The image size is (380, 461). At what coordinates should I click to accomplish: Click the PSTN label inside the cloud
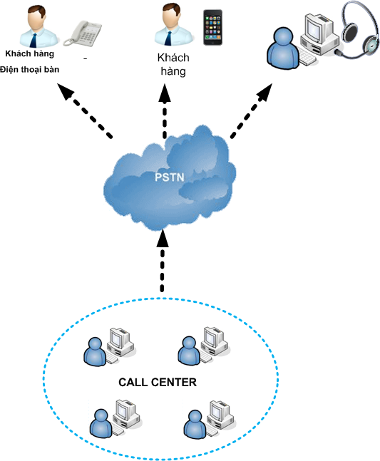[x=170, y=177]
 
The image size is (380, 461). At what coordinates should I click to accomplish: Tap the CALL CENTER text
[x=158, y=382]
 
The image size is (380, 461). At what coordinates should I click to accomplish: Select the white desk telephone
[x=83, y=33]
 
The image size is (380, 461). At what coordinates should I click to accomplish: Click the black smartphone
[x=212, y=27]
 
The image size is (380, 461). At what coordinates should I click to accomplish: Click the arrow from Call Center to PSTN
[x=162, y=261]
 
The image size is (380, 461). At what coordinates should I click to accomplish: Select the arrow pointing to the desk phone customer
[x=84, y=111]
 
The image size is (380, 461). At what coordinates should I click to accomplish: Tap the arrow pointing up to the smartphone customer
[x=165, y=111]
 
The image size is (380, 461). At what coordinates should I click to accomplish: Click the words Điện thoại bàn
[x=29, y=70]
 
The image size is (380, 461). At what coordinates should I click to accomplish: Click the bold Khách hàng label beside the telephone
[x=30, y=54]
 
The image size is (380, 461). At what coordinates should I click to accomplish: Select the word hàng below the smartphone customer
[x=173, y=71]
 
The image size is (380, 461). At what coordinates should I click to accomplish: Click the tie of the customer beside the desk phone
[x=34, y=41]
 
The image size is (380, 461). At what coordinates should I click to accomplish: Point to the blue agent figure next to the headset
[x=283, y=48]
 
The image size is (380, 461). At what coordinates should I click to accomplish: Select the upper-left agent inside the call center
[x=95, y=352]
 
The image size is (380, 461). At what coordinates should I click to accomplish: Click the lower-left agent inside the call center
[x=101, y=424]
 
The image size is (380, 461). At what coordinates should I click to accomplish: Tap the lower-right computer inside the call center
[x=220, y=418]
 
